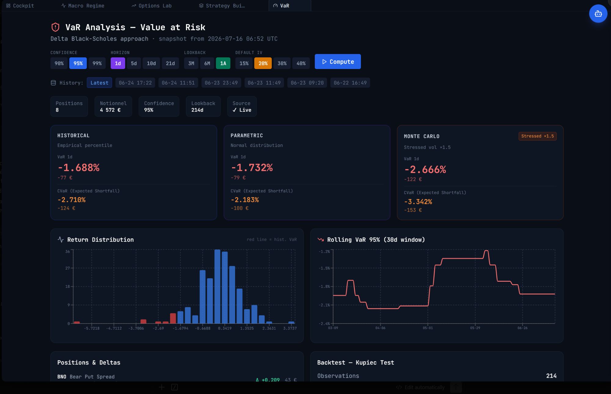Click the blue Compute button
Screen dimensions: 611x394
tap(338, 62)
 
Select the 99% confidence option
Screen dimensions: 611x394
tap(97, 63)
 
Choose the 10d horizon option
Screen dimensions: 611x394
tap(151, 63)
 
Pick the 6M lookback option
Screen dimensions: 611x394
tap(207, 63)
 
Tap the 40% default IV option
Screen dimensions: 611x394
tap(301, 63)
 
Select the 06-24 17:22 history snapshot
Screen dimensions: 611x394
tap(135, 83)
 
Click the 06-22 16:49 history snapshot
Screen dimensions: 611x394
tap(350, 83)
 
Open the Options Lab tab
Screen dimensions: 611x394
tap(151, 6)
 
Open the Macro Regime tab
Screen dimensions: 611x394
tap(83, 6)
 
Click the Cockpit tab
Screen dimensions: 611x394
tap(20, 6)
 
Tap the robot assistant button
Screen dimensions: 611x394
tap(598, 14)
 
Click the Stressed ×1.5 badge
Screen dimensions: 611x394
tap(537, 136)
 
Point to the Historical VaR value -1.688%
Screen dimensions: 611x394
tap(79, 168)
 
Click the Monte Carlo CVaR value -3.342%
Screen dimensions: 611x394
tap(418, 202)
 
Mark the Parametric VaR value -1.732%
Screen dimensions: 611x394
tap(252, 168)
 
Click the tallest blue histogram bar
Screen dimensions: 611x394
tap(217, 286)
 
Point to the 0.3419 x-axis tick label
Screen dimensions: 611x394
tap(225, 328)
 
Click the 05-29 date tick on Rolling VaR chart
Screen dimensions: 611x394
tap(475, 328)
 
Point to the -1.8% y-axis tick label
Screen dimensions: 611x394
tap(324, 287)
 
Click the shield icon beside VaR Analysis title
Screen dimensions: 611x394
tap(55, 27)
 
